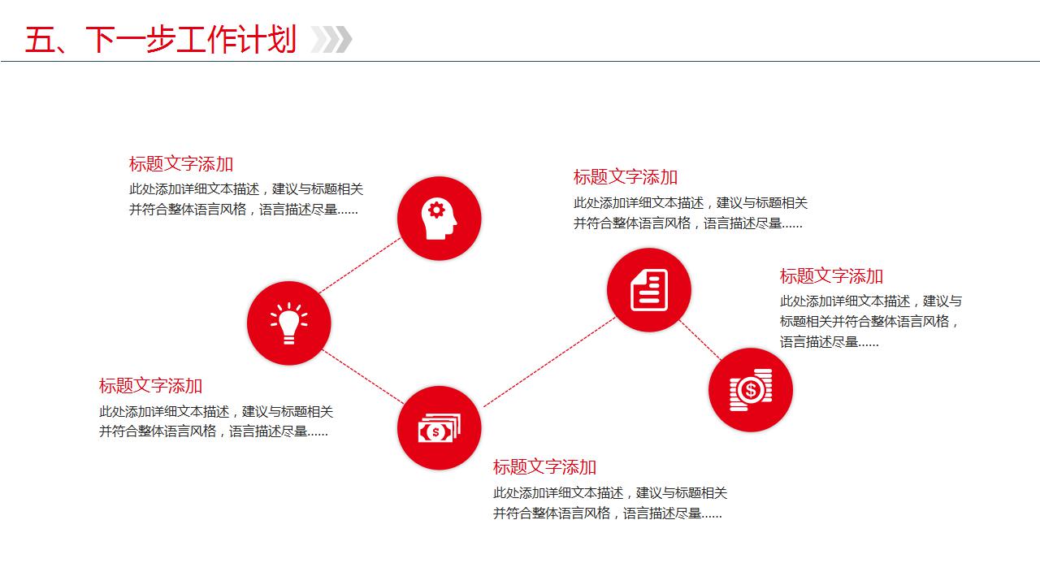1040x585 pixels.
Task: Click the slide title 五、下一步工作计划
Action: (160, 39)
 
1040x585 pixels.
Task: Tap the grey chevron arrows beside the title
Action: (331, 39)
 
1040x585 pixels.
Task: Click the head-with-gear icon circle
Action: (439, 219)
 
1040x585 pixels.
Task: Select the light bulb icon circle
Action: (289, 323)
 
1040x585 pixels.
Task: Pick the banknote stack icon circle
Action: (439, 427)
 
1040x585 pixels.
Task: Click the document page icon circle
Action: (648, 290)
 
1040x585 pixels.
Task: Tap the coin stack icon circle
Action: (751, 390)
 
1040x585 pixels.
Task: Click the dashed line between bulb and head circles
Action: (359, 266)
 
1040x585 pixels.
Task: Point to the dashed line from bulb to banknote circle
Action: (362, 375)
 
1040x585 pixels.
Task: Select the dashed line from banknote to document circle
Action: (549, 362)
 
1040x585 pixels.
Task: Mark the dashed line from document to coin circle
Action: (700, 340)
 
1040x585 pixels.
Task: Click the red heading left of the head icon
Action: (181, 164)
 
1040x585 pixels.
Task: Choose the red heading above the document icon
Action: (626, 177)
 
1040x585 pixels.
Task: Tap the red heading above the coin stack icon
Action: (831, 276)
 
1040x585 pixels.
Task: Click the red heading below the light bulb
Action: (151, 386)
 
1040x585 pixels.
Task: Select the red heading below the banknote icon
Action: (544, 467)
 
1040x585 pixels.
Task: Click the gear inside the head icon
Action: (436, 210)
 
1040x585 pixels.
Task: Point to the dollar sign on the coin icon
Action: (750, 391)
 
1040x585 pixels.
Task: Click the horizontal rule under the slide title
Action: (520, 61)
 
